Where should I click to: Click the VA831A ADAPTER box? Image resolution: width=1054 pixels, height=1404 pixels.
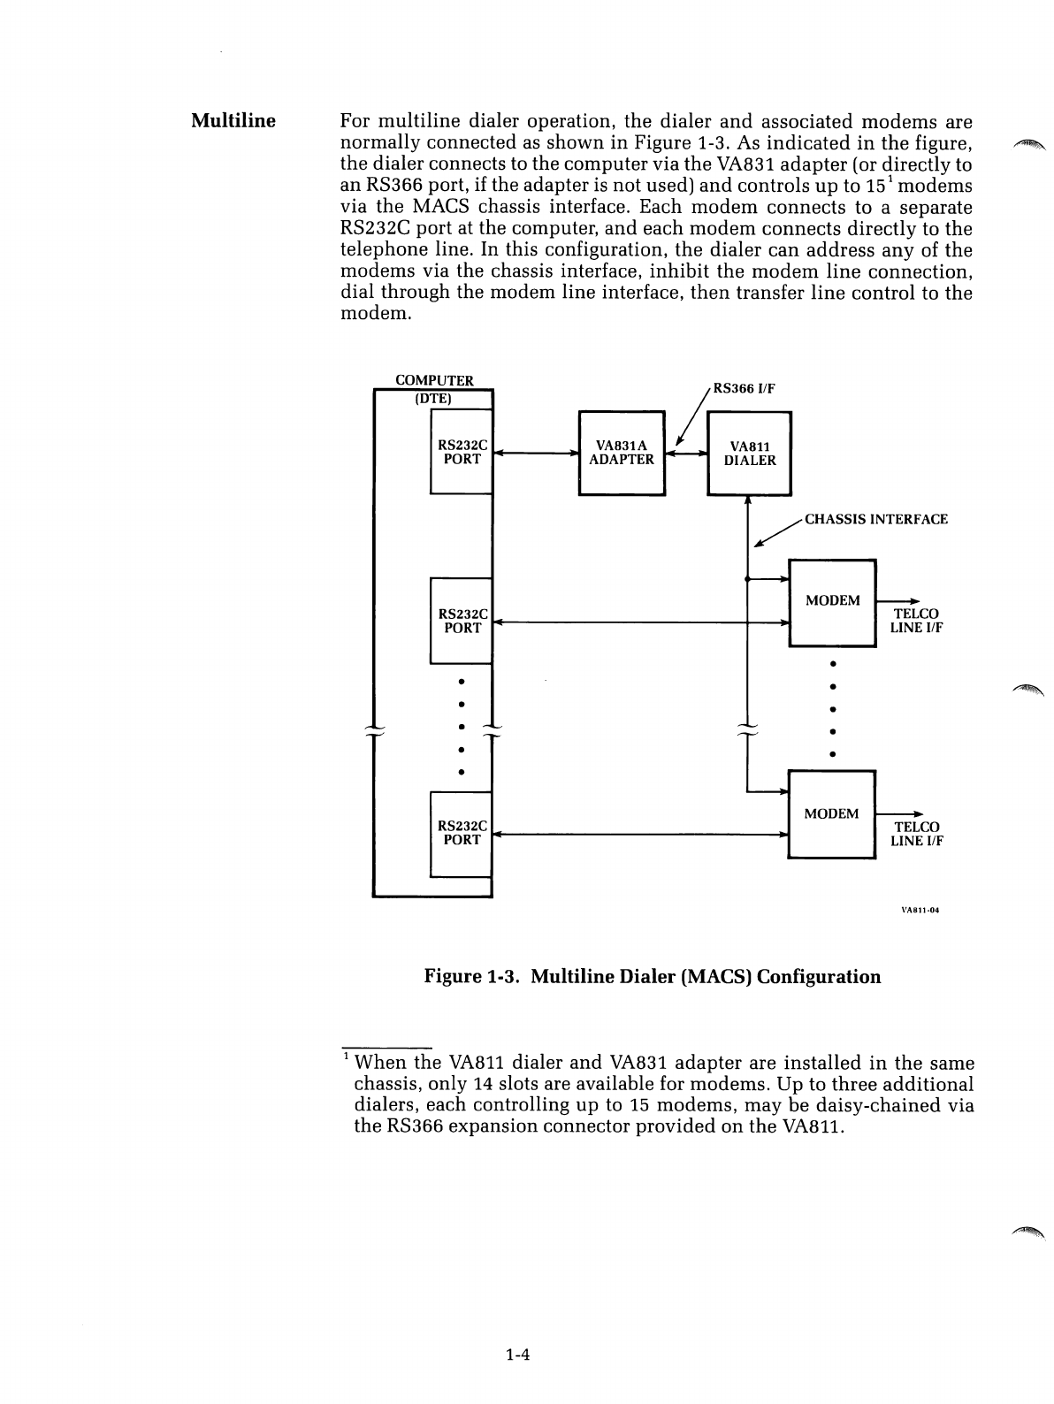pos(621,453)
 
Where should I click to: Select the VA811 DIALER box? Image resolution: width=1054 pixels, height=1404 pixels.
pos(749,453)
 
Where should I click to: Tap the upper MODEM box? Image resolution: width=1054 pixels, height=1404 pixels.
pos(831,602)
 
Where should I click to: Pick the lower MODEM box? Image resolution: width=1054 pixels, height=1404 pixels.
pos(831,814)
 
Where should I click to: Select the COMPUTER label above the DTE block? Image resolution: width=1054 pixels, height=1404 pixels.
pos(434,380)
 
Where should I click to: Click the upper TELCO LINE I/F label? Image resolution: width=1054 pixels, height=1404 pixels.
pos(916,621)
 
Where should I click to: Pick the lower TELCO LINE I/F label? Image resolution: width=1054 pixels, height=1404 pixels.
pos(916,834)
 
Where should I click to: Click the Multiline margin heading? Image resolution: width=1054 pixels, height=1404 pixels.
pos(233,120)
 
